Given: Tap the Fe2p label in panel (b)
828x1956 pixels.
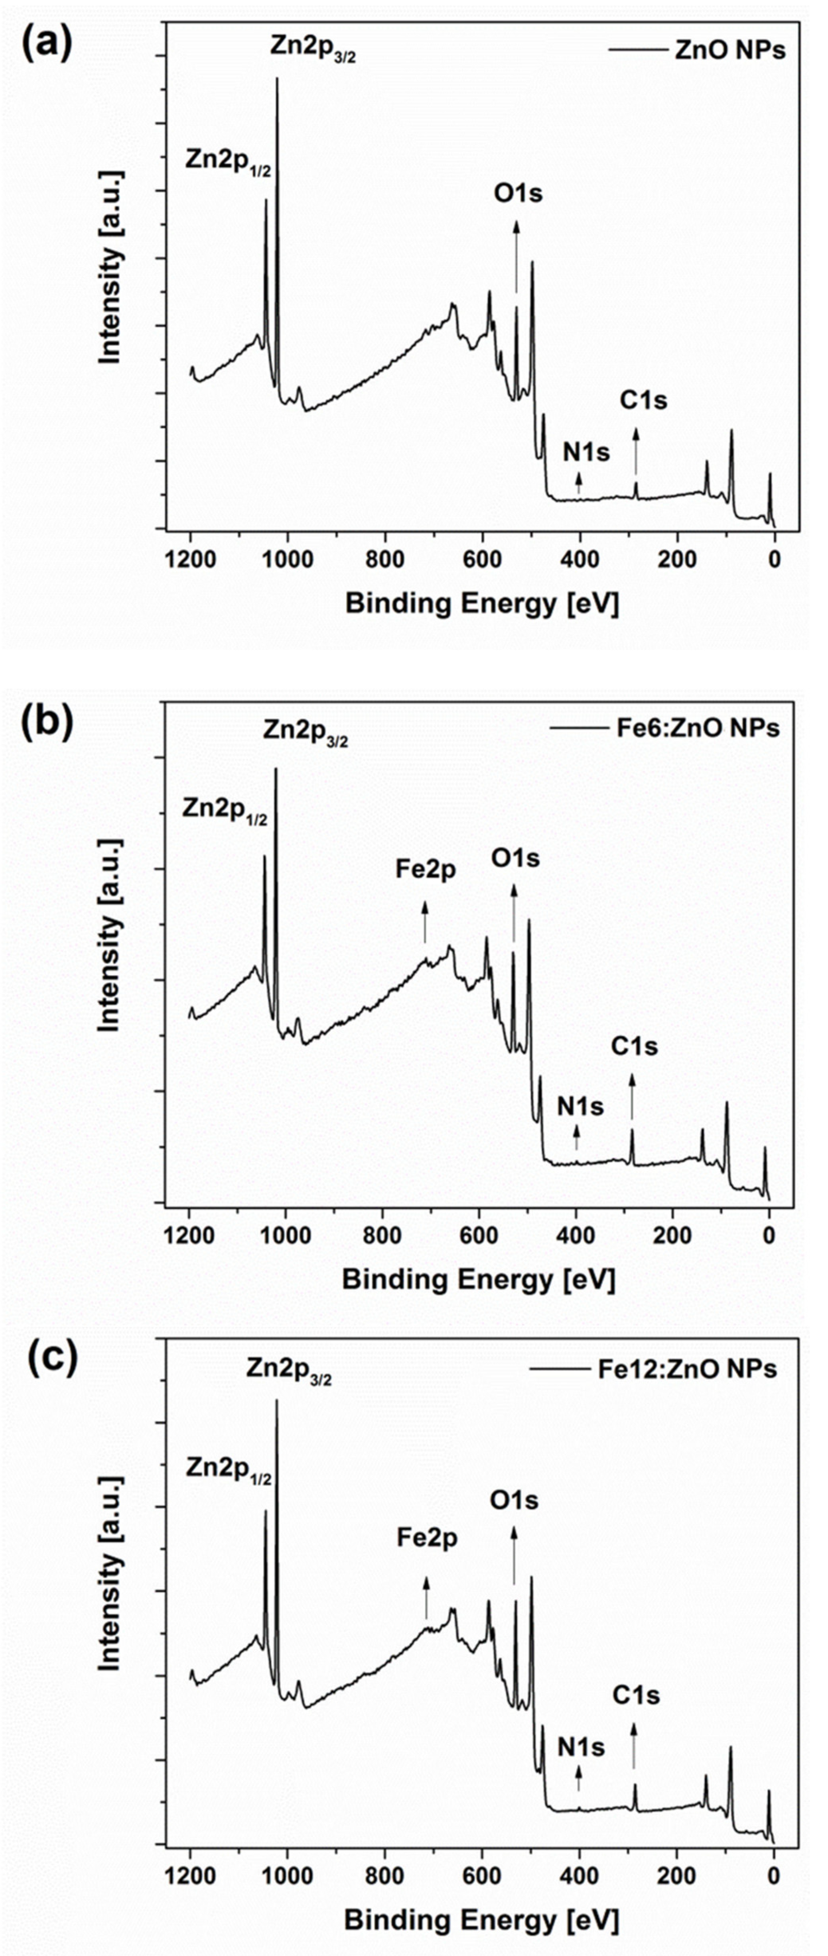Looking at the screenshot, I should coord(426,869).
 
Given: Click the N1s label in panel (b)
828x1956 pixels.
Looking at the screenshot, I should coord(580,1107).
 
